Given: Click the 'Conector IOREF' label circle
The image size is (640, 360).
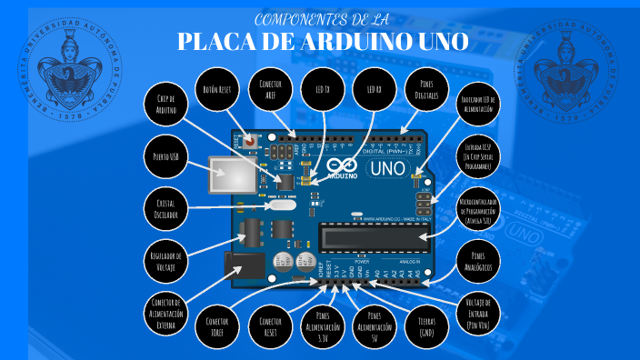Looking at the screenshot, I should pyautogui.click(x=216, y=321).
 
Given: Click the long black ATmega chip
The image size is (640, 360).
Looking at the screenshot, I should pyautogui.click(x=373, y=238).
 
